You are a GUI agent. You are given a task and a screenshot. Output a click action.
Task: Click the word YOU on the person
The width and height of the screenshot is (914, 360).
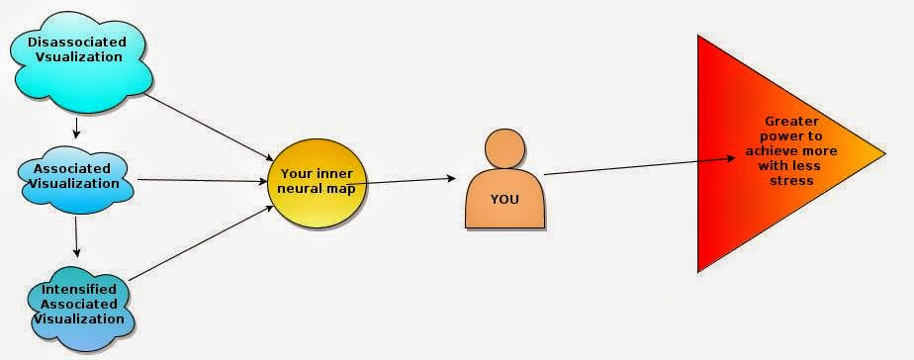pos(504,198)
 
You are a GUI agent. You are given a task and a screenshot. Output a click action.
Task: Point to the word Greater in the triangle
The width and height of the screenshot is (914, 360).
pos(790,120)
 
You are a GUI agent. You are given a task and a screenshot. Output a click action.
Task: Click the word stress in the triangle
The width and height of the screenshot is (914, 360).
pos(792,181)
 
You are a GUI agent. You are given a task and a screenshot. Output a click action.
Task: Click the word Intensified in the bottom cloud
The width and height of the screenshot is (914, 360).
pos(80,289)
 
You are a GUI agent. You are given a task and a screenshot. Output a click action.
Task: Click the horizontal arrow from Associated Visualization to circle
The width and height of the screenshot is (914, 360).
pos(202,180)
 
